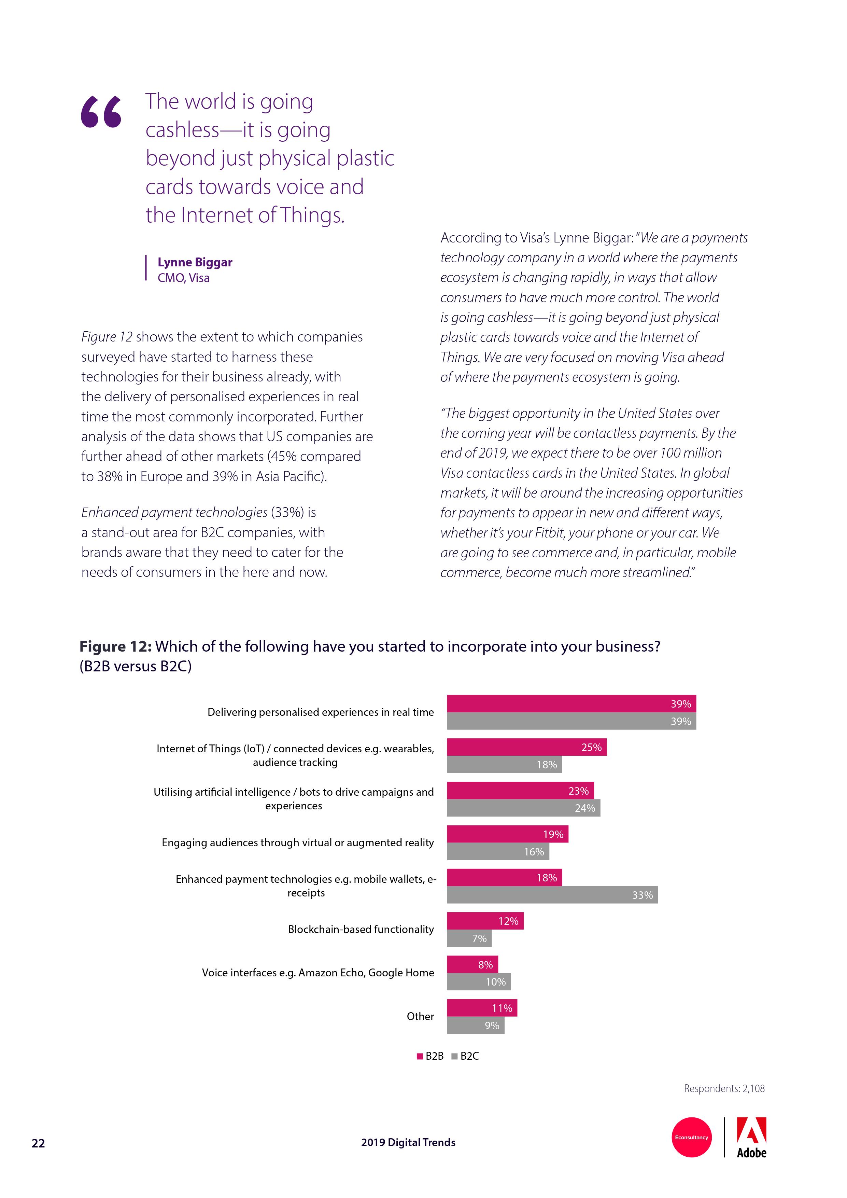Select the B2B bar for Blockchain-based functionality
tap(485, 921)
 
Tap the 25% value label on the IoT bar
tap(591, 747)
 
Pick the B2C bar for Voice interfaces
tap(478, 981)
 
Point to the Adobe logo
tap(751, 1138)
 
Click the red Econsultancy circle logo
tap(692, 1138)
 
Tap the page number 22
tap(38, 1143)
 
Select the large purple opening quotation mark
tap(101, 112)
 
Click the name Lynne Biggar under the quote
tap(195, 263)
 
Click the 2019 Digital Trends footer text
tap(408, 1143)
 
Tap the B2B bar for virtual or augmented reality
tap(507, 834)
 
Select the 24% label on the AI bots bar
tap(585, 808)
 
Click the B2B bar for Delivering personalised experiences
tap(571, 704)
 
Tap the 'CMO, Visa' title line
tap(184, 278)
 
